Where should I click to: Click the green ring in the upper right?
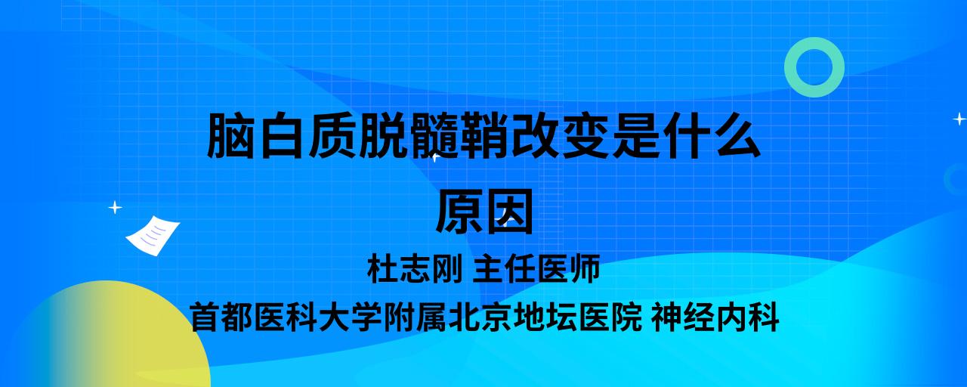[790, 67]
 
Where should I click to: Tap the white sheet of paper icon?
[153, 236]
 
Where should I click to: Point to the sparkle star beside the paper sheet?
[115, 208]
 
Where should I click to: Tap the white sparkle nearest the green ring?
[959, 119]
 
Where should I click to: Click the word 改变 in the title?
[561, 135]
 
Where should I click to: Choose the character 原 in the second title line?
[459, 212]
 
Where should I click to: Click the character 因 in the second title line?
[510, 212]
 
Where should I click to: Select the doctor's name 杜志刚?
[415, 268]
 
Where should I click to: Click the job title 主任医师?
[536, 268]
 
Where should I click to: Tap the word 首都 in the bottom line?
[221, 317]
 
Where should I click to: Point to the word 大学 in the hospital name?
[350, 317]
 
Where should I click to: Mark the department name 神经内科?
[715, 317]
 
